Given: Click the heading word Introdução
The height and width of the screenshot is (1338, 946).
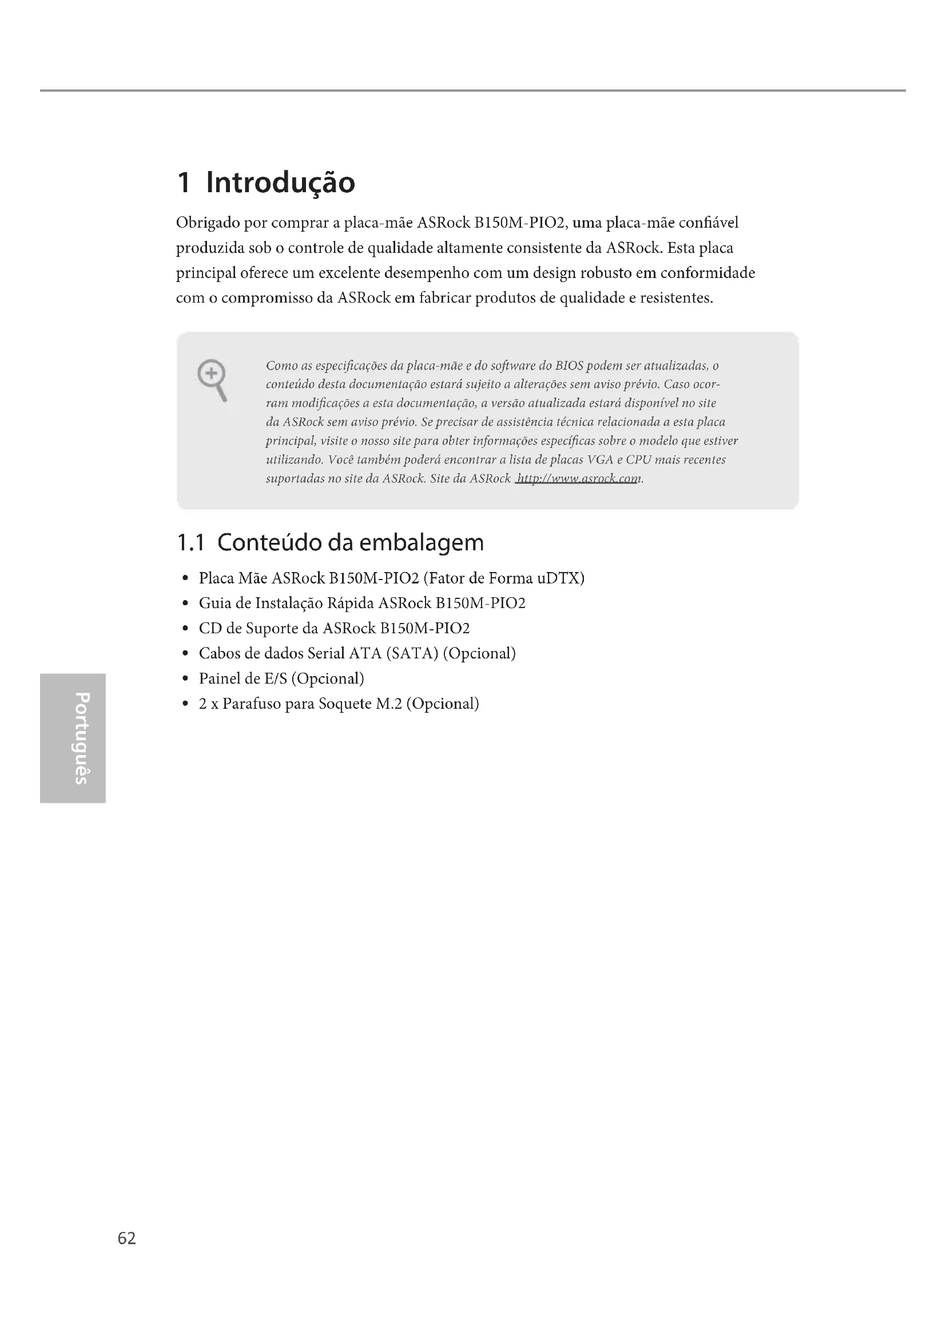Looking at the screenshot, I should click(280, 183).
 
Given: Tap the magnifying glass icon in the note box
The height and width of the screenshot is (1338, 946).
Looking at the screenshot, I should click(212, 379).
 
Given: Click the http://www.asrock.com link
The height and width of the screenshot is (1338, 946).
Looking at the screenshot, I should click(578, 479).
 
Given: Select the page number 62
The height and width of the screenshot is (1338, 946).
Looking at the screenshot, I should click(126, 1238).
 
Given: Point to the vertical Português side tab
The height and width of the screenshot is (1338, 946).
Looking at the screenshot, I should click(71, 738).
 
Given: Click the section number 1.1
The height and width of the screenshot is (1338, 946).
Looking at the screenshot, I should click(190, 543).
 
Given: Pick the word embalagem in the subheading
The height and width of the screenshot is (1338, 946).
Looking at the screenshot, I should click(421, 543).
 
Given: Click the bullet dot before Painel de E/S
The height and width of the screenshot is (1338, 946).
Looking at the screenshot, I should click(185, 679).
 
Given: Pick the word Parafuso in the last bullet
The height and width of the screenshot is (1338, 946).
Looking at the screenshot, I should click(251, 704).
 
